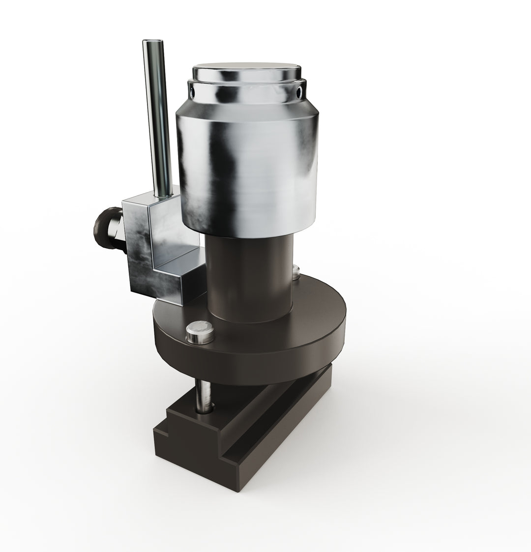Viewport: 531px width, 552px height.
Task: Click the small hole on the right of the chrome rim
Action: (x=299, y=90)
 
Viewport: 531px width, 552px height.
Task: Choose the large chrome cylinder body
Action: (x=246, y=167)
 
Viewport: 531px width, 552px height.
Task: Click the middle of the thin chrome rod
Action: (x=156, y=118)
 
